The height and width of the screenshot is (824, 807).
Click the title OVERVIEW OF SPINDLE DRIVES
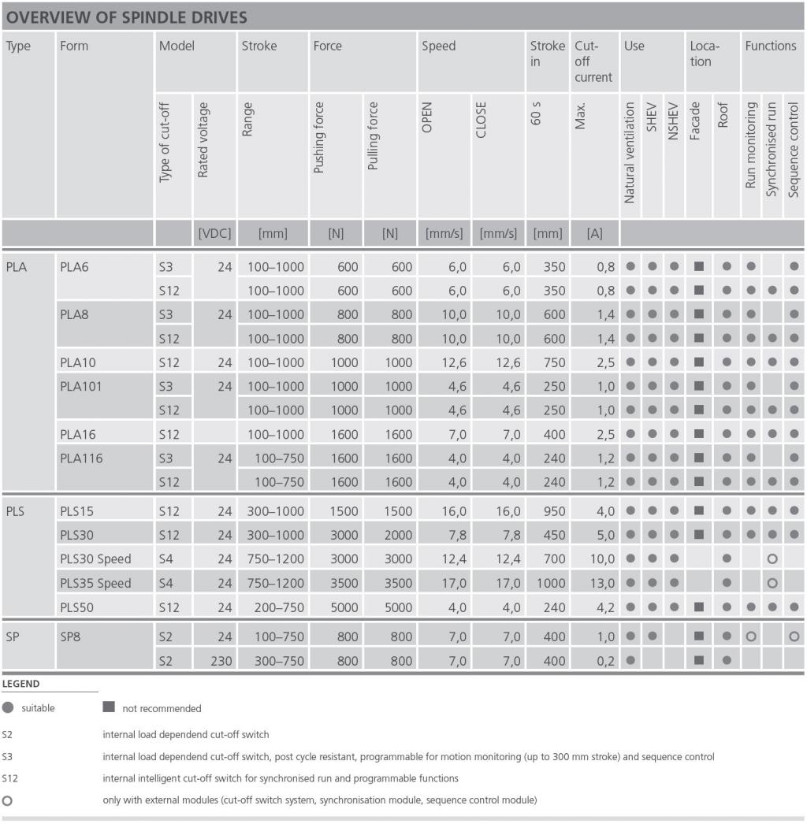pyautogui.click(x=126, y=17)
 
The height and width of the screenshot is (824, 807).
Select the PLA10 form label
pyautogui.click(x=80, y=362)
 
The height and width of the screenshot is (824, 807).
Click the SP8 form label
pyautogui.click(x=71, y=637)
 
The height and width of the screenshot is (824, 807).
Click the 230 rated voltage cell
pyautogui.click(x=221, y=661)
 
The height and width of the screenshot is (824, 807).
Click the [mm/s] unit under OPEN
pyautogui.click(x=444, y=233)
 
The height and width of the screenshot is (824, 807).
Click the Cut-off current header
pyautogui.click(x=593, y=61)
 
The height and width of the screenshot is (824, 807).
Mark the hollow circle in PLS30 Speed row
pyautogui.click(x=772, y=559)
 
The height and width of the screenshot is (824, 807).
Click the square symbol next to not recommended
pyautogui.click(x=109, y=707)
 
